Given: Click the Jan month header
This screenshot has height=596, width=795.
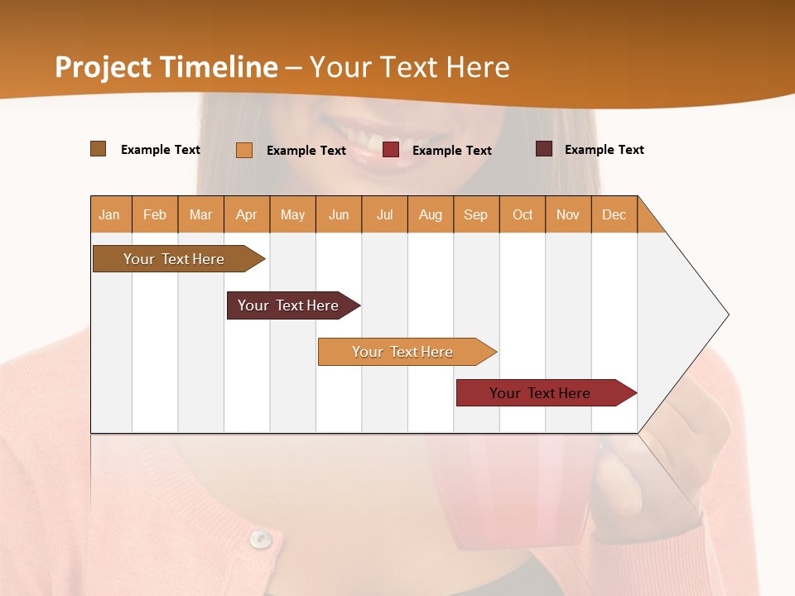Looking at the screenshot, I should (x=109, y=214).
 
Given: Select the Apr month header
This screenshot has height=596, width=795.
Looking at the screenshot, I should (x=246, y=214).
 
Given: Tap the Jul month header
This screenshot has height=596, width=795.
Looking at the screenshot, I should (x=384, y=214).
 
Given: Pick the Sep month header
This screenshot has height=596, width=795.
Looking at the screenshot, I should (x=475, y=214).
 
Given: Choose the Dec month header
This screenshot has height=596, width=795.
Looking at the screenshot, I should (x=614, y=214).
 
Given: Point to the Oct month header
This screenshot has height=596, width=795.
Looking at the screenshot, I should (x=522, y=214).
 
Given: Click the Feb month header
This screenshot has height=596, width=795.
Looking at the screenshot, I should (x=155, y=214).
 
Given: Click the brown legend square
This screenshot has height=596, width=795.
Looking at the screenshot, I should (x=99, y=149).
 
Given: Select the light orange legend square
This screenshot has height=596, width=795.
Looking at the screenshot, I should (x=244, y=150).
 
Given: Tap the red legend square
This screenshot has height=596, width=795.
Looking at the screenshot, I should (x=391, y=150).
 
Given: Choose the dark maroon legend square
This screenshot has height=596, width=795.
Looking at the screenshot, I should (x=544, y=149).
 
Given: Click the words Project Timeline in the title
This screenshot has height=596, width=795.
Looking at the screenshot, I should (x=166, y=67).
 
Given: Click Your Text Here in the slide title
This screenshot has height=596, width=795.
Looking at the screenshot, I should (x=410, y=67).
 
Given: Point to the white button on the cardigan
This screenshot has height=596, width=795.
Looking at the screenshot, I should (x=261, y=539).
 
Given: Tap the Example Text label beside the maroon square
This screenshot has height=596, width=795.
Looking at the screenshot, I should (x=604, y=150).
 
